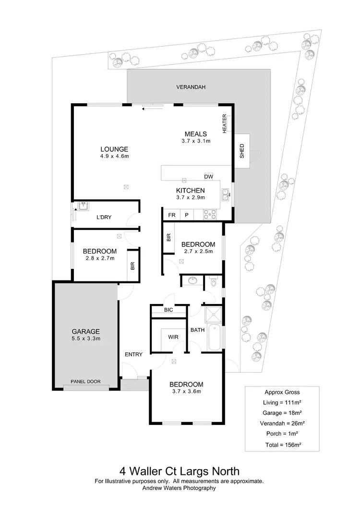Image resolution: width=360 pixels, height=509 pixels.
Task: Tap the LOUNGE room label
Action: (114, 148)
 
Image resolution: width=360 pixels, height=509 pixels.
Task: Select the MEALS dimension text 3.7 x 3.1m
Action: (196, 141)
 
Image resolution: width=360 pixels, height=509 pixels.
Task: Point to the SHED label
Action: (242, 151)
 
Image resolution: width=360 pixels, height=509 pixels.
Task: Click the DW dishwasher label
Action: (208, 176)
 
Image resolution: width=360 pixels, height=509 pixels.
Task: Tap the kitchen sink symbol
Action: (225, 194)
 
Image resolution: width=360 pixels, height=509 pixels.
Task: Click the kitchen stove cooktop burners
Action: (210, 214)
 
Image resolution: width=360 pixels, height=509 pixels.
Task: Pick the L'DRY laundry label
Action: (104, 218)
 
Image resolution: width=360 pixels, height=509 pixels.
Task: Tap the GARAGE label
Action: (85, 331)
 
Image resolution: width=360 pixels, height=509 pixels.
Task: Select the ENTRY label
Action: (133, 354)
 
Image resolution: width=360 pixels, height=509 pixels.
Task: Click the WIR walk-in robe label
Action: (173, 338)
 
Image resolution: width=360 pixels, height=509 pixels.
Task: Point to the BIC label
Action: (168, 311)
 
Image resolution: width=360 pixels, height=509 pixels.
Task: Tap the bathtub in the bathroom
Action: (214, 338)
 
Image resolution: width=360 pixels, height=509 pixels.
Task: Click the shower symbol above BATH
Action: (212, 315)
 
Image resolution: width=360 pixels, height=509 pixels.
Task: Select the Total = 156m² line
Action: (283, 445)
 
